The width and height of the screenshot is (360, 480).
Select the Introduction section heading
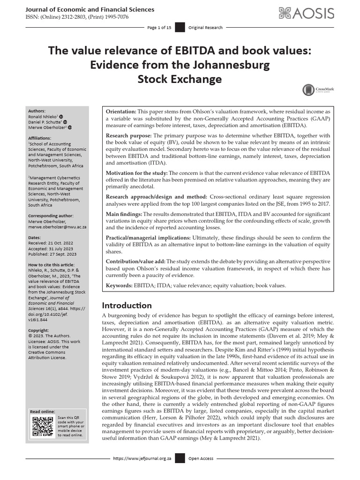tap(127, 305)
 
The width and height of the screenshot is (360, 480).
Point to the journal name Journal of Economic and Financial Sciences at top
tap(90, 9)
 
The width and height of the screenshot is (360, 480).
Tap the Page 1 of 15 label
tap(159, 28)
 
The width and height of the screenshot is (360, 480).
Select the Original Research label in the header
tap(205, 28)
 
